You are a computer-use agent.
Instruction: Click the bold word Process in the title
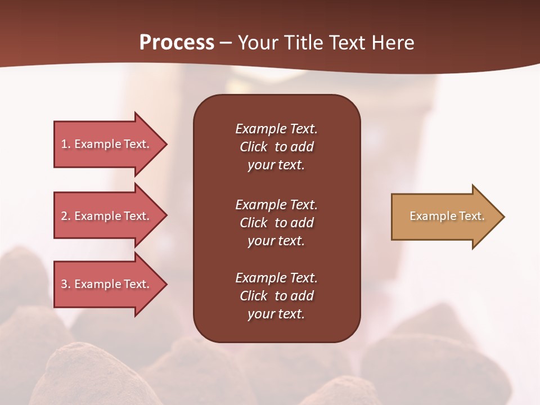[x=177, y=43]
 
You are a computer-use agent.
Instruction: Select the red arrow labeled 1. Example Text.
[x=107, y=144]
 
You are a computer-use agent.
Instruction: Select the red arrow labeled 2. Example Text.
[x=107, y=216]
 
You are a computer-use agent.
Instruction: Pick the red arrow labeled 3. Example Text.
[x=107, y=284]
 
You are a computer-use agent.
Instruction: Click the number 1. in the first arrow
[x=66, y=144]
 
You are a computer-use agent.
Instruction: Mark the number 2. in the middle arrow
[x=66, y=216]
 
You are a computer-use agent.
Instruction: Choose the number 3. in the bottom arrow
[x=66, y=284]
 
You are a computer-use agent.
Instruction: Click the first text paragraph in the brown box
[x=276, y=147]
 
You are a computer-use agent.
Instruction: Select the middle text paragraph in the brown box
[x=276, y=223]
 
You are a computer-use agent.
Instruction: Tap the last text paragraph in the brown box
[x=276, y=296]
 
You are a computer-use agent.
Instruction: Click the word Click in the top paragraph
[x=253, y=147]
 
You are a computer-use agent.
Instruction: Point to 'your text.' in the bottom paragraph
[x=276, y=314]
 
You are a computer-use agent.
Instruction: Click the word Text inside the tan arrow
[x=471, y=216]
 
